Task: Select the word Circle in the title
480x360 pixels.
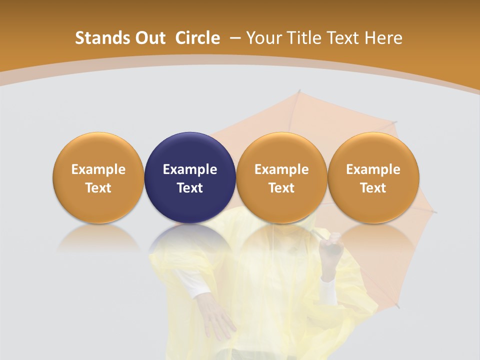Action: (x=197, y=38)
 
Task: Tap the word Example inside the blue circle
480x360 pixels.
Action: (x=190, y=169)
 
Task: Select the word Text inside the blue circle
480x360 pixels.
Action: (x=190, y=188)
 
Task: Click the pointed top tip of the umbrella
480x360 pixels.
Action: (x=299, y=91)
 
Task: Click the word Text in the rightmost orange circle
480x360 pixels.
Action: (x=373, y=188)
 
